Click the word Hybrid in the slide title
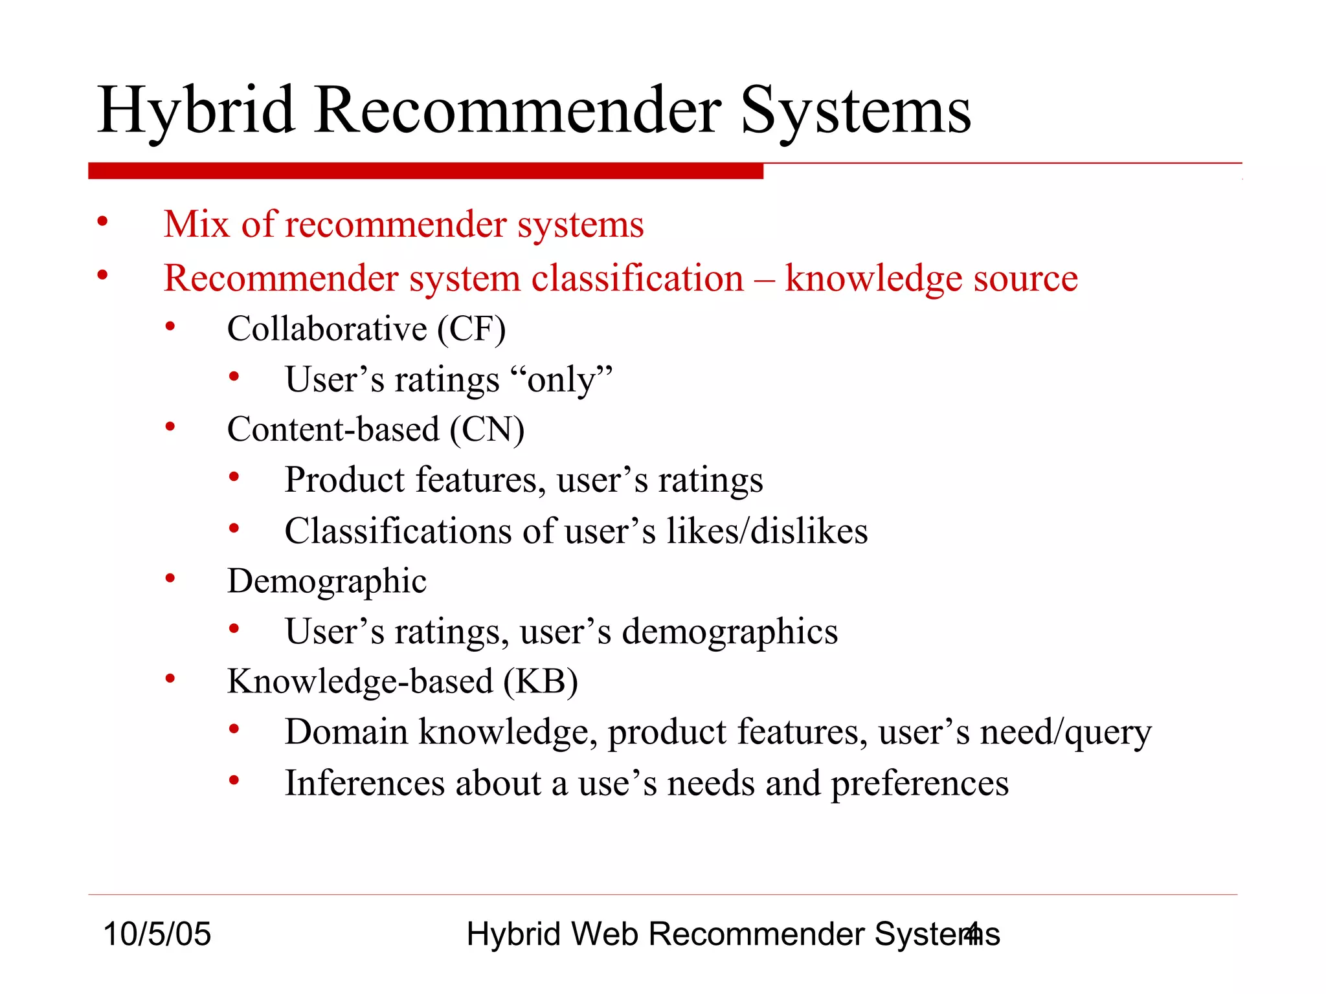pyautogui.click(x=196, y=111)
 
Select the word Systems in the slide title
pyautogui.click(x=855, y=111)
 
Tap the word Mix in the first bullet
pyautogui.click(x=196, y=225)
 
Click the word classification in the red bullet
pyautogui.click(x=637, y=279)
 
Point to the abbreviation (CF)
pyautogui.click(x=471, y=329)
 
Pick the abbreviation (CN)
pyautogui.click(x=487, y=430)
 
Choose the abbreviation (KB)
pyautogui.click(x=541, y=681)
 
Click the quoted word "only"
pyautogui.click(x=561, y=380)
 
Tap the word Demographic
pyautogui.click(x=326, y=581)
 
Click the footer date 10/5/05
pyautogui.click(x=157, y=934)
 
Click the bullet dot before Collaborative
pyautogui.click(x=170, y=327)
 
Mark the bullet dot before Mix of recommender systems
pyautogui.click(x=102, y=223)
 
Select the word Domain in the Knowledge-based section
pyautogui.click(x=346, y=733)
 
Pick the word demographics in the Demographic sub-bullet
pyautogui.click(x=730, y=632)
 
